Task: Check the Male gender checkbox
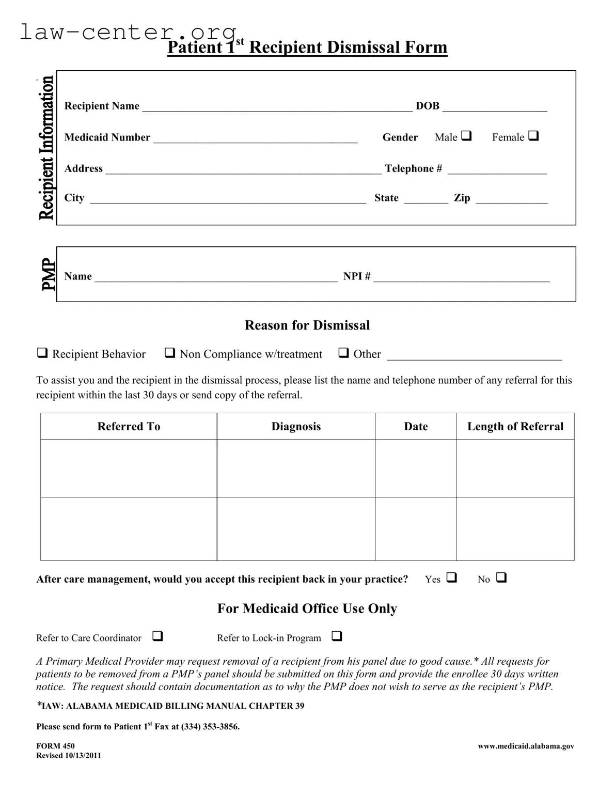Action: click(x=466, y=136)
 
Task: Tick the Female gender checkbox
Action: click(x=534, y=136)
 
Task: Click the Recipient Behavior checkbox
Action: click(x=42, y=353)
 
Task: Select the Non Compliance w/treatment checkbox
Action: click(x=169, y=353)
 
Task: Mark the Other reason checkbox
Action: click(x=343, y=353)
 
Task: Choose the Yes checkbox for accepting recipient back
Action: click(x=452, y=578)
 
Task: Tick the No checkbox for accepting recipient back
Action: click(x=501, y=578)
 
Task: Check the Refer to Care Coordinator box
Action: click(x=158, y=636)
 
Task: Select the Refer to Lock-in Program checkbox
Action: click(x=337, y=636)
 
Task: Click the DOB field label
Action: click(x=428, y=106)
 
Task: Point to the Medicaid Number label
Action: click(x=107, y=137)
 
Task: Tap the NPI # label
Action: click(x=357, y=276)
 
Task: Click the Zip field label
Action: click(x=462, y=198)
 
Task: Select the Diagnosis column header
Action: click(x=296, y=427)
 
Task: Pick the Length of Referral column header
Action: click(x=515, y=427)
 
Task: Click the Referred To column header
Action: click(x=129, y=427)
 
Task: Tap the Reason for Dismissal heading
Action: click(x=307, y=325)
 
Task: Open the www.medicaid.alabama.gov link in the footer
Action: click(x=526, y=746)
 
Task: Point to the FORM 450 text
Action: click(x=55, y=746)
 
